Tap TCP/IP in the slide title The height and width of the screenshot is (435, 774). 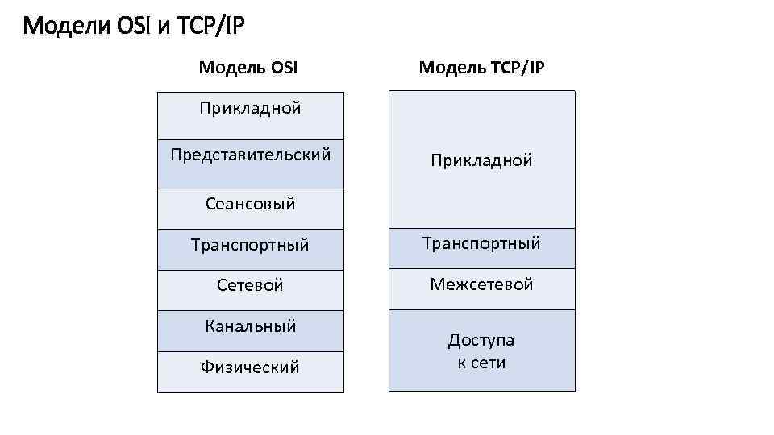(x=211, y=27)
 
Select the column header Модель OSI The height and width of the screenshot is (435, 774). (x=248, y=68)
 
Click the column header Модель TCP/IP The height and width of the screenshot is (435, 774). (x=482, y=68)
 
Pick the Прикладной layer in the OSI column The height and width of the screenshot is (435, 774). (x=251, y=108)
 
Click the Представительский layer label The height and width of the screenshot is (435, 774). (x=251, y=154)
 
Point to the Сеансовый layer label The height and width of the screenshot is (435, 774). (x=251, y=204)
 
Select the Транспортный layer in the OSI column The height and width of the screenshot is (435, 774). (x=251, y=244)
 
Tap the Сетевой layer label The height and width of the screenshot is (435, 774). (x=251, y=285)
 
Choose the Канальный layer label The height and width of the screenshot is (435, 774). (x=251, y=326)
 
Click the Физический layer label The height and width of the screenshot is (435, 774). (x=251, y=367)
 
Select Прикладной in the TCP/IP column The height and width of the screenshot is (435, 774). (x=481, y=160)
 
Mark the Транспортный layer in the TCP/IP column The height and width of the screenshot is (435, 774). (x=481, y=242)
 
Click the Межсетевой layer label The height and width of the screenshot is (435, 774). (x=481, y=284)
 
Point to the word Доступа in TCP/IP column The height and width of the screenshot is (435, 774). (x=481, y=340)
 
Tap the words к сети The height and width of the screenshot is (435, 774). (x=481, y=362)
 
